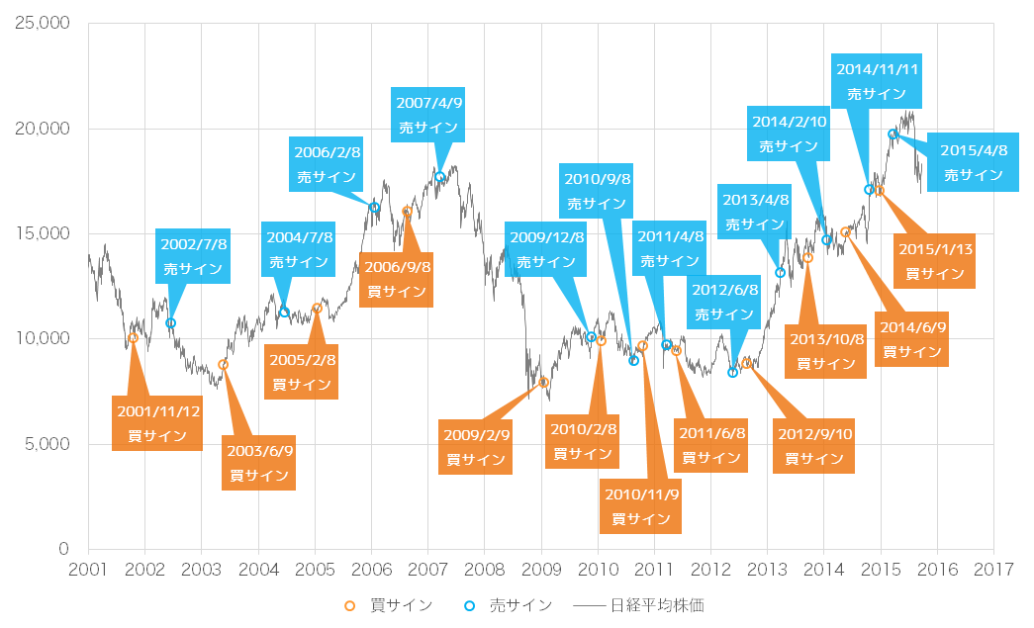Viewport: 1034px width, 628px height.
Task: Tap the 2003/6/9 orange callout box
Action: point(259,463)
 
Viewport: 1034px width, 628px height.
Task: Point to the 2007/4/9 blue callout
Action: point(428,115)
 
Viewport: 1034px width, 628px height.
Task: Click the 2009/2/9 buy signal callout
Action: point(476,447)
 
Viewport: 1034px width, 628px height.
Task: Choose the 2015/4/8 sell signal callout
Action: point(973,162)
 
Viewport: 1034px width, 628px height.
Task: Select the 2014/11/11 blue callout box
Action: point(877,82)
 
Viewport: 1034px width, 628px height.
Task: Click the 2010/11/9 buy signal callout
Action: point(640,504)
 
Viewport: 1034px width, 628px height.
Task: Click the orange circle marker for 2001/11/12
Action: point(134,338)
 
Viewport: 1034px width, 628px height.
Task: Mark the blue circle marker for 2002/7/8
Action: point(170,323)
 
